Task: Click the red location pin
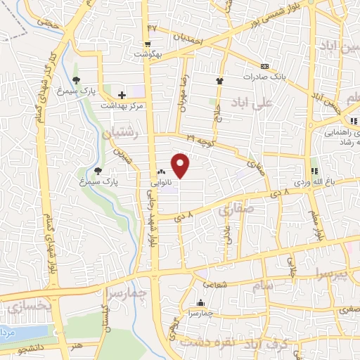pyautogui.click(x=181, y=165)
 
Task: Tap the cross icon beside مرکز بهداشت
pyautogui.click(x=122, y=94)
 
